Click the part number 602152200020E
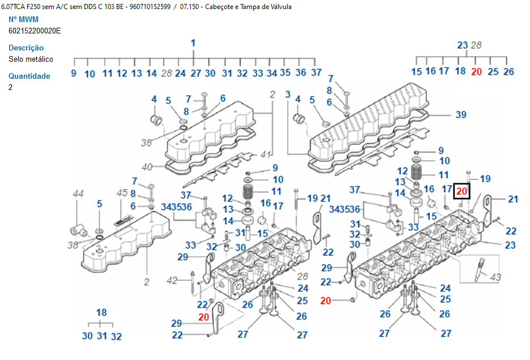coord(35,31)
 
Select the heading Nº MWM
coord(24,19)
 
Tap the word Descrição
coord(26,48)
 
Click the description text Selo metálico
coord(31,59)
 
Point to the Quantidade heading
coord(29,76)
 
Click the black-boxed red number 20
coord(461,191)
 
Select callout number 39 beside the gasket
coord(461,115)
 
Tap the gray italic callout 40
coord(147,167)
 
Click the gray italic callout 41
coord(266,155)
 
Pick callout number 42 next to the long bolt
coord(172,280)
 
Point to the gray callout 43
coord(495,277)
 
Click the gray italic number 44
coord(78,194)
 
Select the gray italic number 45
coord(122,193)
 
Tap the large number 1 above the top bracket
coord(193,43)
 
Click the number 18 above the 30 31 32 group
coord(101,312)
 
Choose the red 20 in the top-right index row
coord(476,71)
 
